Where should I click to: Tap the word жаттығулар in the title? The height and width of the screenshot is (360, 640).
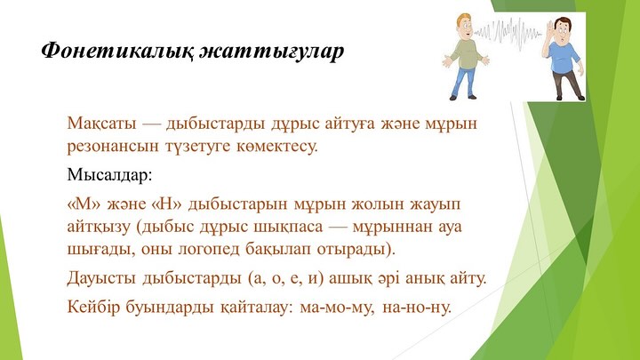(272, 52)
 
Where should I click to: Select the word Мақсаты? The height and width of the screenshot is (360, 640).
(101, 124)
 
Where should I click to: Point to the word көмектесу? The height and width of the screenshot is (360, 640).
(277, 147)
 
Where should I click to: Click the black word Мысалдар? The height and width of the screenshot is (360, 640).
(109, 175)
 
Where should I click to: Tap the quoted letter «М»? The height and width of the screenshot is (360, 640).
(84, 204)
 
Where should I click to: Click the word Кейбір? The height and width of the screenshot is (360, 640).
(93, 307)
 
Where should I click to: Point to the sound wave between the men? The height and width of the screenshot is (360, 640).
(508, 30)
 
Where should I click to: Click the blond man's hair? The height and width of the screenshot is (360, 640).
(463, 20)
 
